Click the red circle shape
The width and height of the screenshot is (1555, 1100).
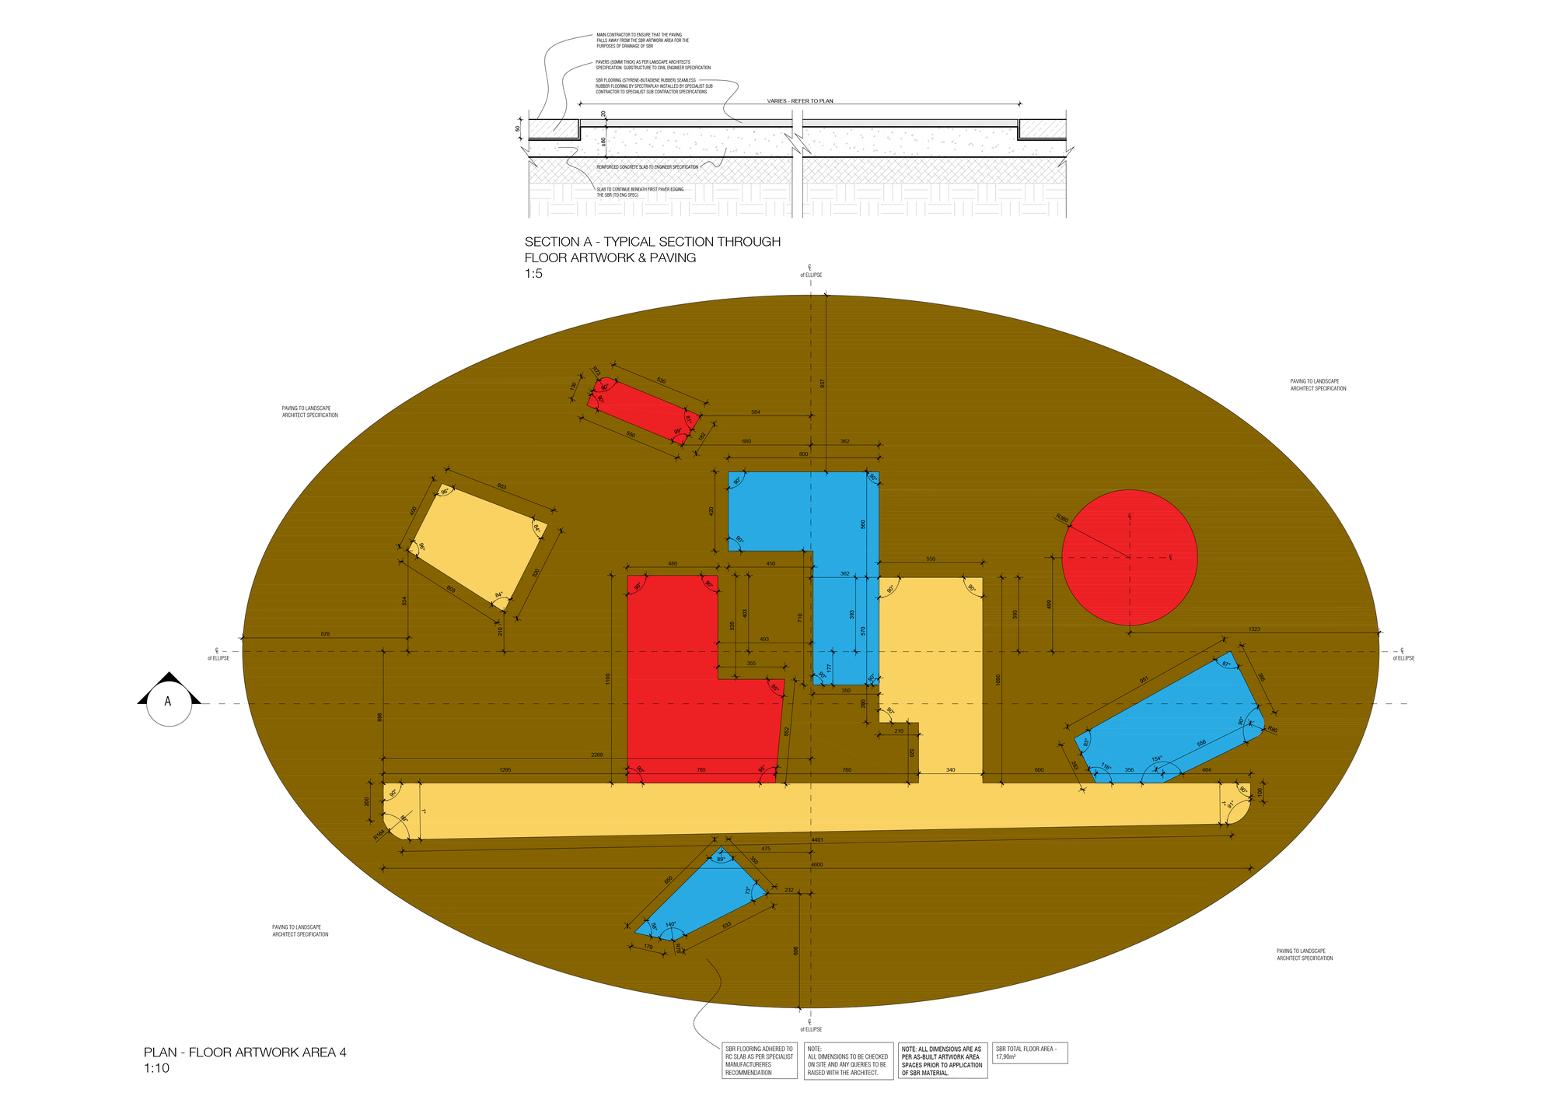pyautogui.click(x=1129, y=557)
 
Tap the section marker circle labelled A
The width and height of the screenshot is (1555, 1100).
pyautogui.click(x=169, y=702)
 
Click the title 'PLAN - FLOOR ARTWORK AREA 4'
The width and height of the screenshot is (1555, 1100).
pyautogui.click(x=245, y=1053)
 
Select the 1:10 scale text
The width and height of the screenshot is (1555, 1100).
pyautogui.click(x=156, y=1069)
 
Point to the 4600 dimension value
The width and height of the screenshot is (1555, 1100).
pyautogui.click(x=816, y=864)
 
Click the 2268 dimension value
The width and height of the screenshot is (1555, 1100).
pyautogui.click(x=596, y=755)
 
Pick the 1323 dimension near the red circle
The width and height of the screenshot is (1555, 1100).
pyautogui.click(x=1254, y=629)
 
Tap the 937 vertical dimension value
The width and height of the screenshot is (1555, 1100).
pyautogui.click(x=822, y=383)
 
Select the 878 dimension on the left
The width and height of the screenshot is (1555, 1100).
pyautogui.click(x=325, y=634)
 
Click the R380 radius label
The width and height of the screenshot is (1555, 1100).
pyautogui.click(x=1062, y=518)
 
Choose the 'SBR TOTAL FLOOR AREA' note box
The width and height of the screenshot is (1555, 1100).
pyautogui.click(x=1030, y=1053)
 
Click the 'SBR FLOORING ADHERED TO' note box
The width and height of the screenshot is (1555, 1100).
pyautogui.click(x=760, y=1061)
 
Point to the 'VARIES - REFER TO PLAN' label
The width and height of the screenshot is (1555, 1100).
pyautogui.click(x=799, y=101)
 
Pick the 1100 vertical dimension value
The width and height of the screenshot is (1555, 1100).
pyautogui.click(x=608, y=678)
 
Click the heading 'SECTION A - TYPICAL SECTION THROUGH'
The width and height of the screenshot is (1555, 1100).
pyautogui.click(x=652, y=242)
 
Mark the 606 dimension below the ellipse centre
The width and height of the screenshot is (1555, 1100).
pyautogui.click(x=795, y=951)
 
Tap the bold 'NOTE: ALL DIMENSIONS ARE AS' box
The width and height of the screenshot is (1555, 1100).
pyautogui.click(x=943, y=1061)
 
